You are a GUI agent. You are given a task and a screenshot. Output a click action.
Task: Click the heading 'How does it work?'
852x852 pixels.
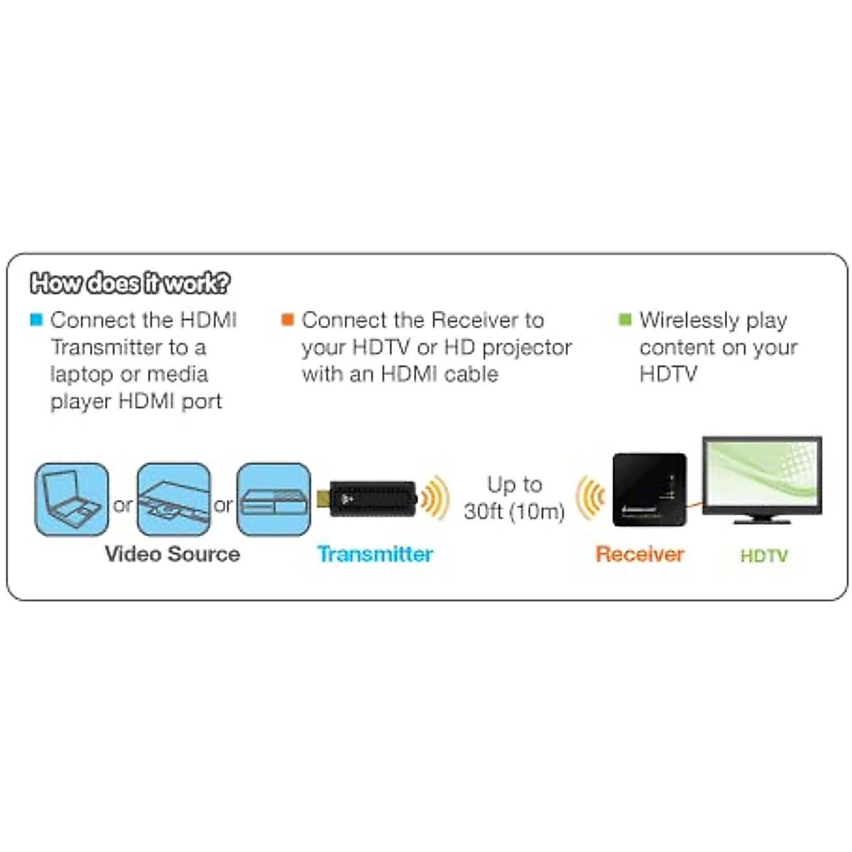click(x=130, y=283)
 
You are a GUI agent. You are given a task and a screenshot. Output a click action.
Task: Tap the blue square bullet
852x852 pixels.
click(x=36, y=319)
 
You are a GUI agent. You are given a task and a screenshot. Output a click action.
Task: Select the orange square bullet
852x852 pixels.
click(x=288, y=319)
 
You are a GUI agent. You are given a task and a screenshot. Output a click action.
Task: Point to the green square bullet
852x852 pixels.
click(x=625, y=319)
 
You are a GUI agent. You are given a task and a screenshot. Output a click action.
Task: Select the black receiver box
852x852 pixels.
click(x=649, y=489)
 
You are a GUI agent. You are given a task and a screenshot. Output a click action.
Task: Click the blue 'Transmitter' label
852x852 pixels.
click(x=375, y=554)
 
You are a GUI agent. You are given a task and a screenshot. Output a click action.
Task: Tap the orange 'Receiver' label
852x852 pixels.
click(x=640, y=554)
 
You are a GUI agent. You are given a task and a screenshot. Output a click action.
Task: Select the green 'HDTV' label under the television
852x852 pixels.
click(x=764, y=555)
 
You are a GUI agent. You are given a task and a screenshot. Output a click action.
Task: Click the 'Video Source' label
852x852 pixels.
click(x=172, y=554)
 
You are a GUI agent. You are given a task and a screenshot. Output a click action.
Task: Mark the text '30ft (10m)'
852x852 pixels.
click(x=514, y=511)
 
